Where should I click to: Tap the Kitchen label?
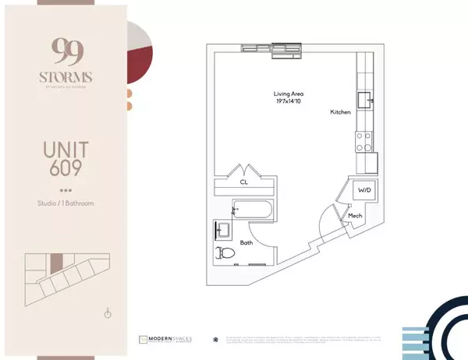click(341, 113)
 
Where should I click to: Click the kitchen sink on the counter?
click(365, 99)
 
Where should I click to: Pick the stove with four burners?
click(363, 142)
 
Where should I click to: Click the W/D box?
click(364, 189)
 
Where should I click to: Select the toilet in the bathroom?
click(225, 252)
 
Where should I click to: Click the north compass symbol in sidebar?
click(108, 313)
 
